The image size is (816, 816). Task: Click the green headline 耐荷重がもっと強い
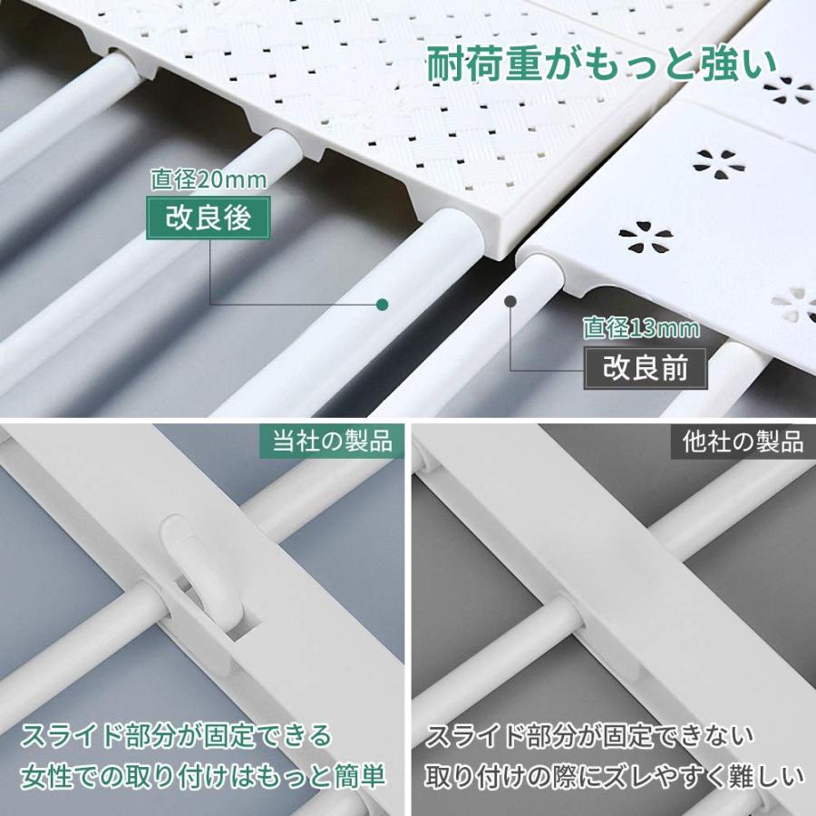601,65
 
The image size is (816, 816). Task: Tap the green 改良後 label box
209,219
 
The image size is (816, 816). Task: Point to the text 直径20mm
209,180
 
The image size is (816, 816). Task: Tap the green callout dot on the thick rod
383,304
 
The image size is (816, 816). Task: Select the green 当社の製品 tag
332,442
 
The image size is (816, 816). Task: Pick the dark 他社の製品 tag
743,442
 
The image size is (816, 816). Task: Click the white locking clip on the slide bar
194,567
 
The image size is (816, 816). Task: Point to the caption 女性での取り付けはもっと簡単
205,777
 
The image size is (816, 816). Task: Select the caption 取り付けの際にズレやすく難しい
616,777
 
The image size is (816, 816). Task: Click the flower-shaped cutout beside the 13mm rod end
646,239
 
